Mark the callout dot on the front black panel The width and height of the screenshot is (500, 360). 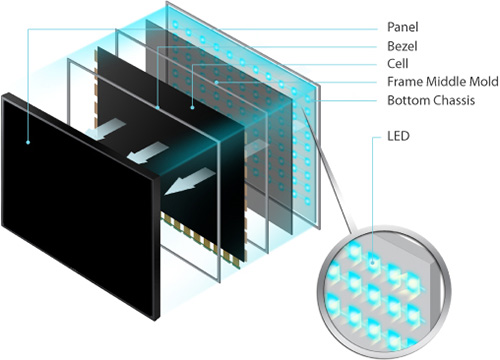31,141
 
